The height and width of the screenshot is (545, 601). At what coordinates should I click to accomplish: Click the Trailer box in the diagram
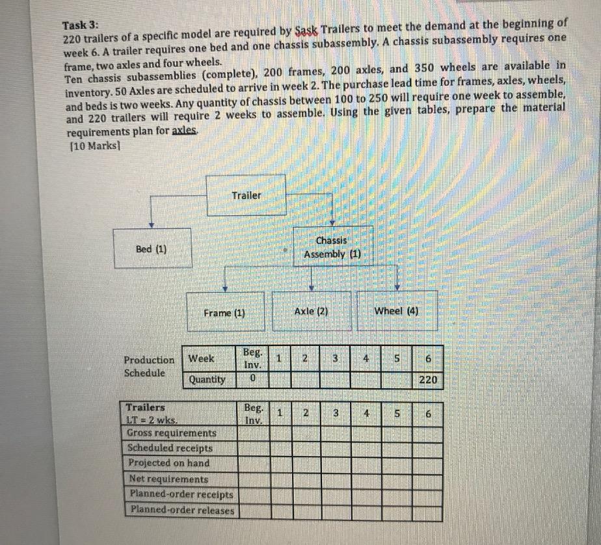[246, 195]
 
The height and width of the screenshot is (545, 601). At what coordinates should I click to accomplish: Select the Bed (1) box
[152, 248]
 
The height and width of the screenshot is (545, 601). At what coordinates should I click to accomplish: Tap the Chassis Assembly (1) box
[332, 247]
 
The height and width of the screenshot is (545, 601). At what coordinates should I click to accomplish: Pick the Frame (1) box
[224, 312]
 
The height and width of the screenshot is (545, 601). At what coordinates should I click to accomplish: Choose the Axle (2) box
[312, 311]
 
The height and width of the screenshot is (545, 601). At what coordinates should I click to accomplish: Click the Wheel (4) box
[397, 310]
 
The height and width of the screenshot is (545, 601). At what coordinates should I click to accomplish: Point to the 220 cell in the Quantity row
[429, 379]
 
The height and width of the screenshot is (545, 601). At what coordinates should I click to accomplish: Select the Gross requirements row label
[172, 432]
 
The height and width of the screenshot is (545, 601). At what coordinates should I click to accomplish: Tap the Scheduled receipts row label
[170, 447]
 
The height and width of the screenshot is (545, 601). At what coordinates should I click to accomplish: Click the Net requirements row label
[168, 479]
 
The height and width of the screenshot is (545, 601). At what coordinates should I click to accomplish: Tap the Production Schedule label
[149, 366]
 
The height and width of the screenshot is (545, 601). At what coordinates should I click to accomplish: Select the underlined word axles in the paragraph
[185, 131]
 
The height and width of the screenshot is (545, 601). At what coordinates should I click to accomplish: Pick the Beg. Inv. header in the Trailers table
[253, 414]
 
